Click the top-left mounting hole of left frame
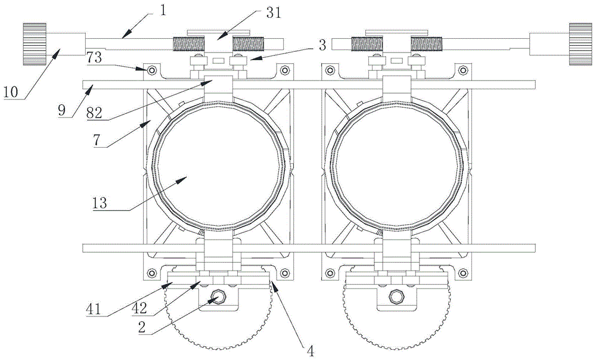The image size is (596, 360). point(151,71)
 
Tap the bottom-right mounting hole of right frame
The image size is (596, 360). point(462,274)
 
